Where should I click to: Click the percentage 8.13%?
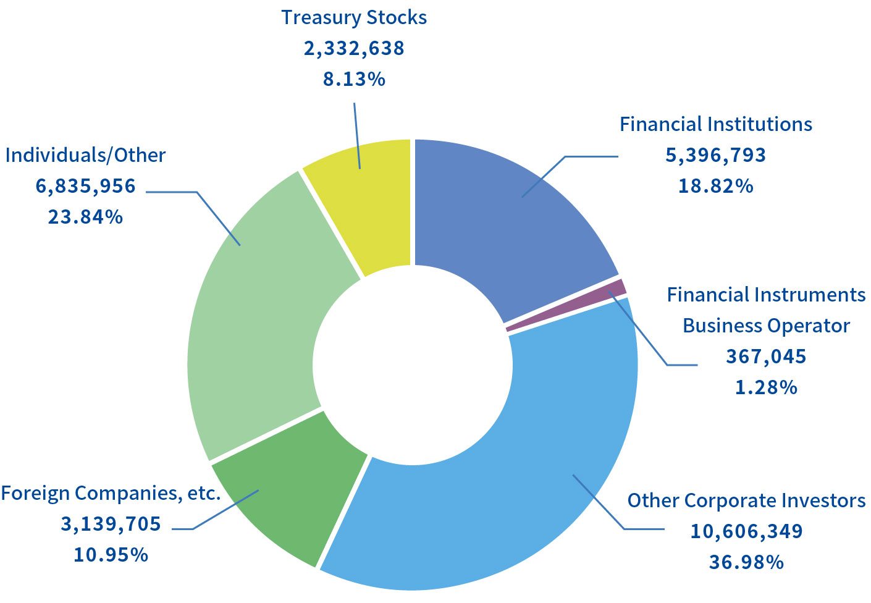354,79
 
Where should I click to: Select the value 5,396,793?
715,155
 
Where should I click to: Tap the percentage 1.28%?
766,387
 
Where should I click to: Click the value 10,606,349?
746,531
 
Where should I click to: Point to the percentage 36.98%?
746,562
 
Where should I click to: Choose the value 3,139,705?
111,524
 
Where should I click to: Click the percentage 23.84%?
85,217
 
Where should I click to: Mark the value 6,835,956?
85,186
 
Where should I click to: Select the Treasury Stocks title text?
354,17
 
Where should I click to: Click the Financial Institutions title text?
715,124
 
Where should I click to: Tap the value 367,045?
766,356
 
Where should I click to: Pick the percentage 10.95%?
111,555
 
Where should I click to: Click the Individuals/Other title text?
85,155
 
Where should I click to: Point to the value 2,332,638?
354,48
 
